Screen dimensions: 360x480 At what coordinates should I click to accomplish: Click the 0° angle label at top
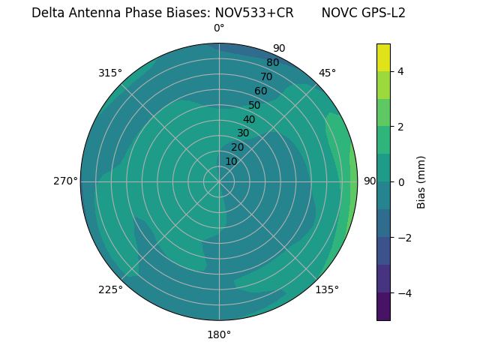[x=219, y=28]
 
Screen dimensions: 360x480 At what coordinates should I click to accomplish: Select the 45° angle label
[x=327, y=73]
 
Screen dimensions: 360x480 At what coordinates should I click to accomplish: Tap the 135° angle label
[x=327, y=289]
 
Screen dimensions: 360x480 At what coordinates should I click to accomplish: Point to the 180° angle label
[x=219, y=334]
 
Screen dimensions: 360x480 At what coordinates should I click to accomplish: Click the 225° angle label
[x=110, y=289]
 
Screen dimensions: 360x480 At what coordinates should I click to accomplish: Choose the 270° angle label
[x=65, y=181]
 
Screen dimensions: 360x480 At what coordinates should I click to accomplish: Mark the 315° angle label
[x=110, y=73]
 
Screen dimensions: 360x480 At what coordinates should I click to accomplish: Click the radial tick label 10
[x=231, y=161]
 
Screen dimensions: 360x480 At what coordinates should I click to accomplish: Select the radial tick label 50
[x=254, y=106]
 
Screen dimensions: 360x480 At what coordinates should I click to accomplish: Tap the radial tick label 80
[x=272, y=63]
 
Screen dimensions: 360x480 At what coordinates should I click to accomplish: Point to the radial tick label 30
[x=243, y=133]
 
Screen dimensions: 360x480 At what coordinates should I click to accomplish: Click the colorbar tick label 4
[x=400, y=71]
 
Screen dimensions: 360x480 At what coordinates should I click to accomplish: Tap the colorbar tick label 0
[x=400, y=182]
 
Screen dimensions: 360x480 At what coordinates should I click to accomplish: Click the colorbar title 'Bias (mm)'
[x=421, y=182]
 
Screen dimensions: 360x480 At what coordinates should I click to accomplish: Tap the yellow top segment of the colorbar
[x=383, y=58]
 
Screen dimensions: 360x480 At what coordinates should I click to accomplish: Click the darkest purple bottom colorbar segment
[x=383, y=307]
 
